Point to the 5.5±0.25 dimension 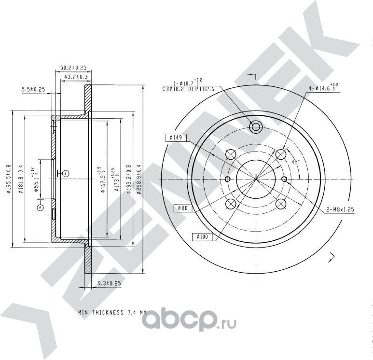tap(33, 90)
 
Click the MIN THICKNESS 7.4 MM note tap(112, 313)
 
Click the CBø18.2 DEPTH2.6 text tap(189, 89)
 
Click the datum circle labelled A tap(40, 207)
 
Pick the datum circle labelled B tap(66, 173)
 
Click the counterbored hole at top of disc tap(255, 127)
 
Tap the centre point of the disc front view tap(255, 179)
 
